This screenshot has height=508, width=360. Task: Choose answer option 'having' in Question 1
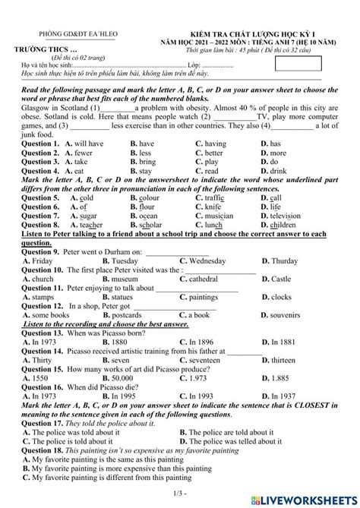[x=216, y=143]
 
